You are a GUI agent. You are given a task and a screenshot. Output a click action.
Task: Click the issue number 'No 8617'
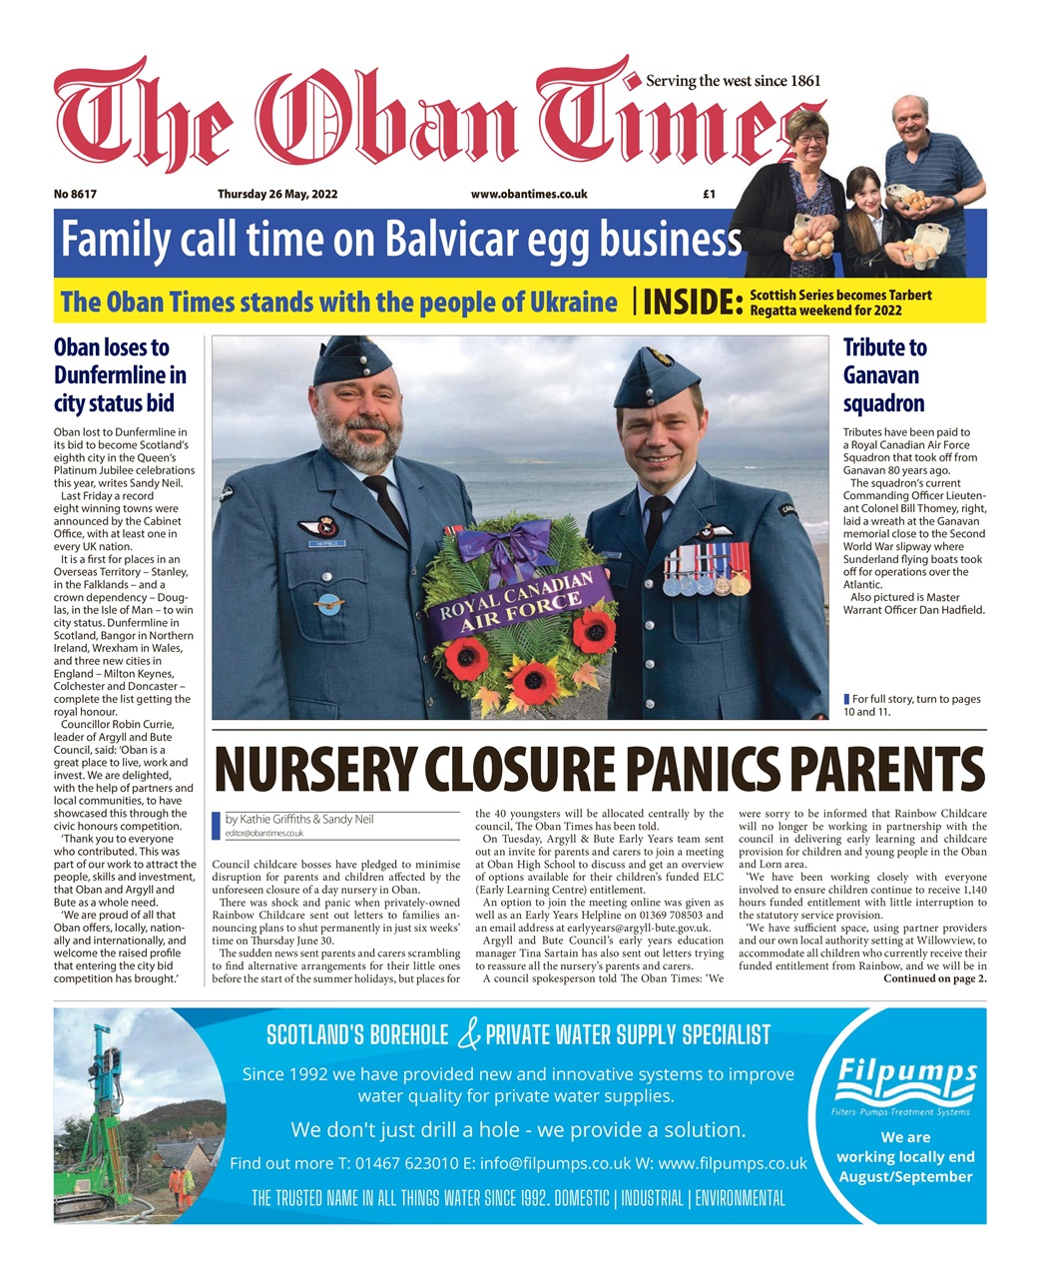click(76, 195)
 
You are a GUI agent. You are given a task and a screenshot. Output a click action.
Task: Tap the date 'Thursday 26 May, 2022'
click(277, 195)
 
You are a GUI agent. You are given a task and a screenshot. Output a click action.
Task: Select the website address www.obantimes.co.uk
click(529, 195)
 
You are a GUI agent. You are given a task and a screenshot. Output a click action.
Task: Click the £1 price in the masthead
click(709, 195)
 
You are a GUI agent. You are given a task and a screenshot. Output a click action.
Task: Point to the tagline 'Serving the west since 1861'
click(734, 81)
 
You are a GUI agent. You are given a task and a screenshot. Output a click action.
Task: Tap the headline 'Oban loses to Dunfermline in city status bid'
click(120, 375)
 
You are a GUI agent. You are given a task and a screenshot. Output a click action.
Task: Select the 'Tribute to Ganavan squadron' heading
click(884, 375)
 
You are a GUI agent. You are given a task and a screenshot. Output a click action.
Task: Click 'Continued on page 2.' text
click(934, 978)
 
